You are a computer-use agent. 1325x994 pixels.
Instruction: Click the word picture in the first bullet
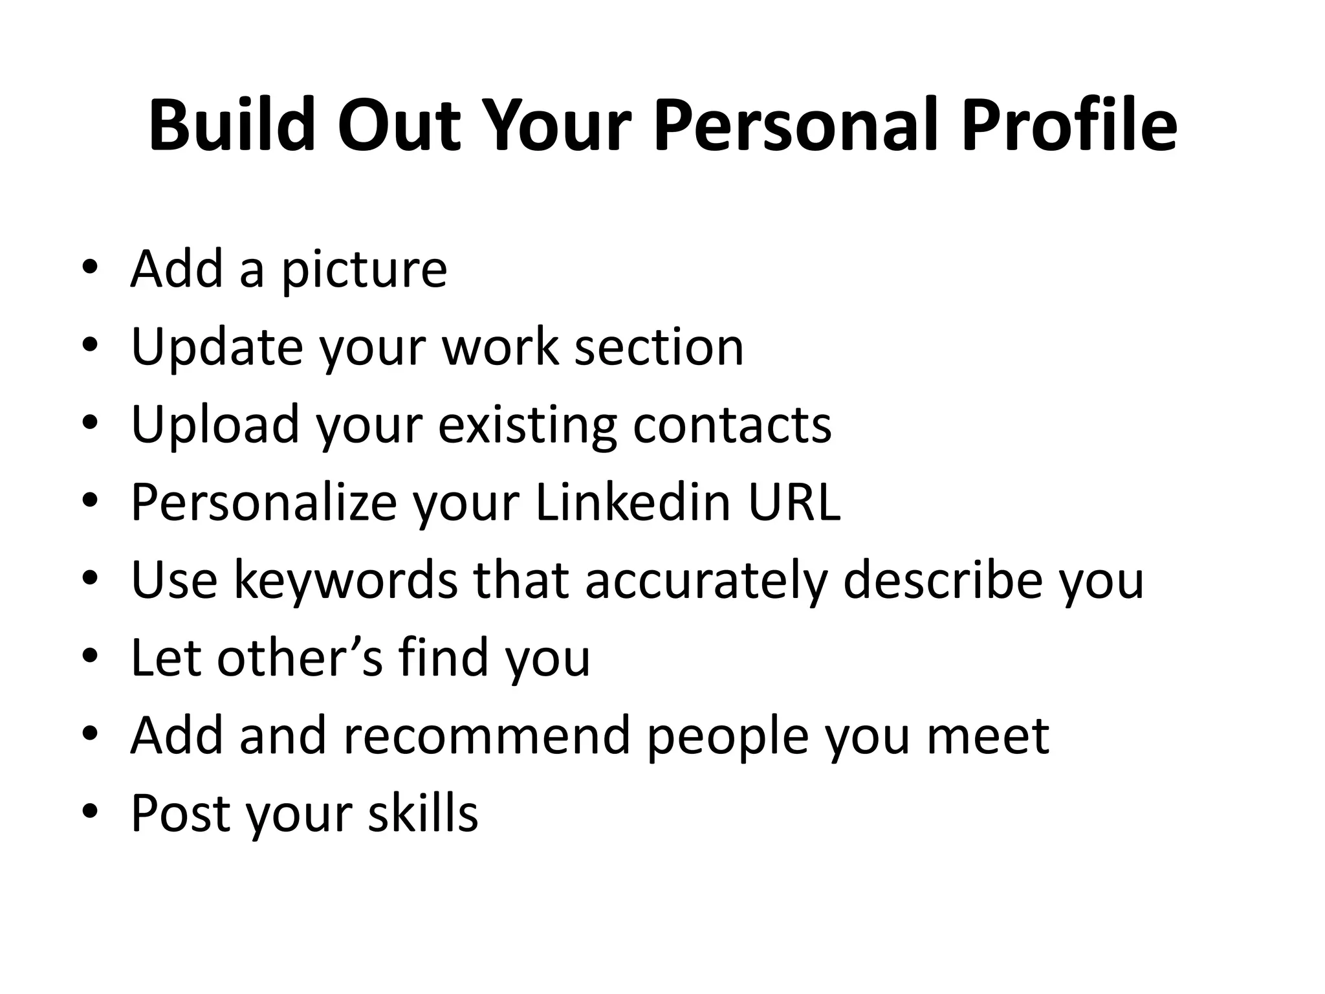[364, 271]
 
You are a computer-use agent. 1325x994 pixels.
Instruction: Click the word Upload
[215, 425]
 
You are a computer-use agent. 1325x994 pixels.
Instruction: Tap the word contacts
[732, 425]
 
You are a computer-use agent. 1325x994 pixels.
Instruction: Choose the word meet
[987, 735]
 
